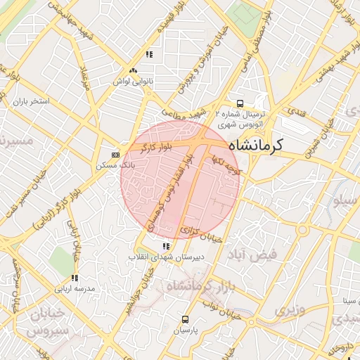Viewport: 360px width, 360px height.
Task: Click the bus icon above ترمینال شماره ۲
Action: [x=240, y=103]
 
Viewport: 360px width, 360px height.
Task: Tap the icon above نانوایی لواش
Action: [x=133, y=70]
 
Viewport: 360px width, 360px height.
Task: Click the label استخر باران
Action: [x=29, y=101]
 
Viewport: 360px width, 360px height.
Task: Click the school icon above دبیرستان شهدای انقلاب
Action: [x=166, y=246]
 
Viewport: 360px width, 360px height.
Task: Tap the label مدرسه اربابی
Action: [x=74, y=288]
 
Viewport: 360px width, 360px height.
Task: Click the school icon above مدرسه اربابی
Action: [x=74, y=278]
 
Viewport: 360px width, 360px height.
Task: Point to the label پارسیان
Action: [x=186, y=329]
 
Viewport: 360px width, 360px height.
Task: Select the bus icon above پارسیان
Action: [x=186, y=319]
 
